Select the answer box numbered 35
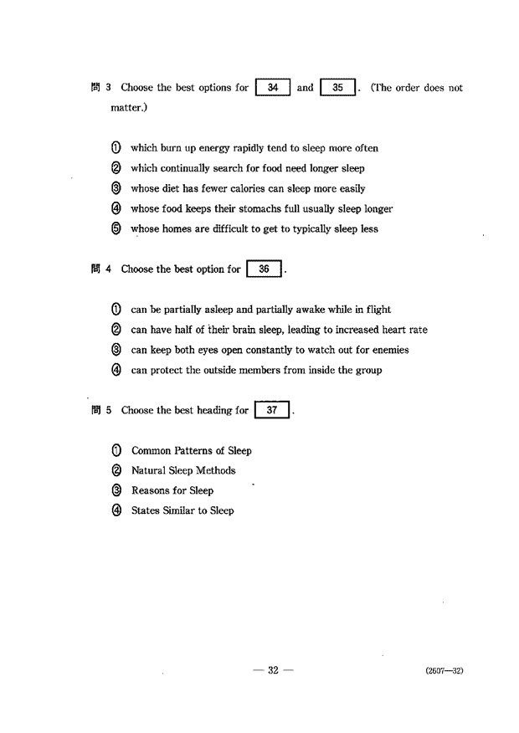[338, 88]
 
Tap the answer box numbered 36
[264, 269]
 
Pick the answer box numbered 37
[271, 411]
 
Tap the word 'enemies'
[389, 350]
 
